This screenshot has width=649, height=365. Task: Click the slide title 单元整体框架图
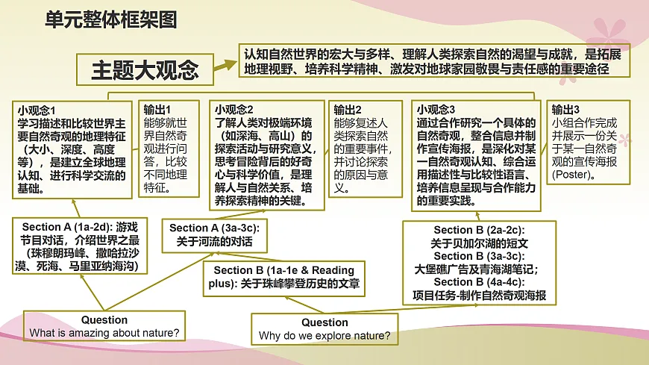click(x=111, y=20)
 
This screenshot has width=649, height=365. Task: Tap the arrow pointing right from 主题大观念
click(x=223, y=69)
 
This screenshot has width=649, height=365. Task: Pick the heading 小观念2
click(x=234, y=109)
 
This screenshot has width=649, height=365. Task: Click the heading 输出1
click(x=157, y=109)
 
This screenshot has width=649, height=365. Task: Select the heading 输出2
click(x=348, y=109)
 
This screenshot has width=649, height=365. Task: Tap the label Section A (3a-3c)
click(x=209, y=228)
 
